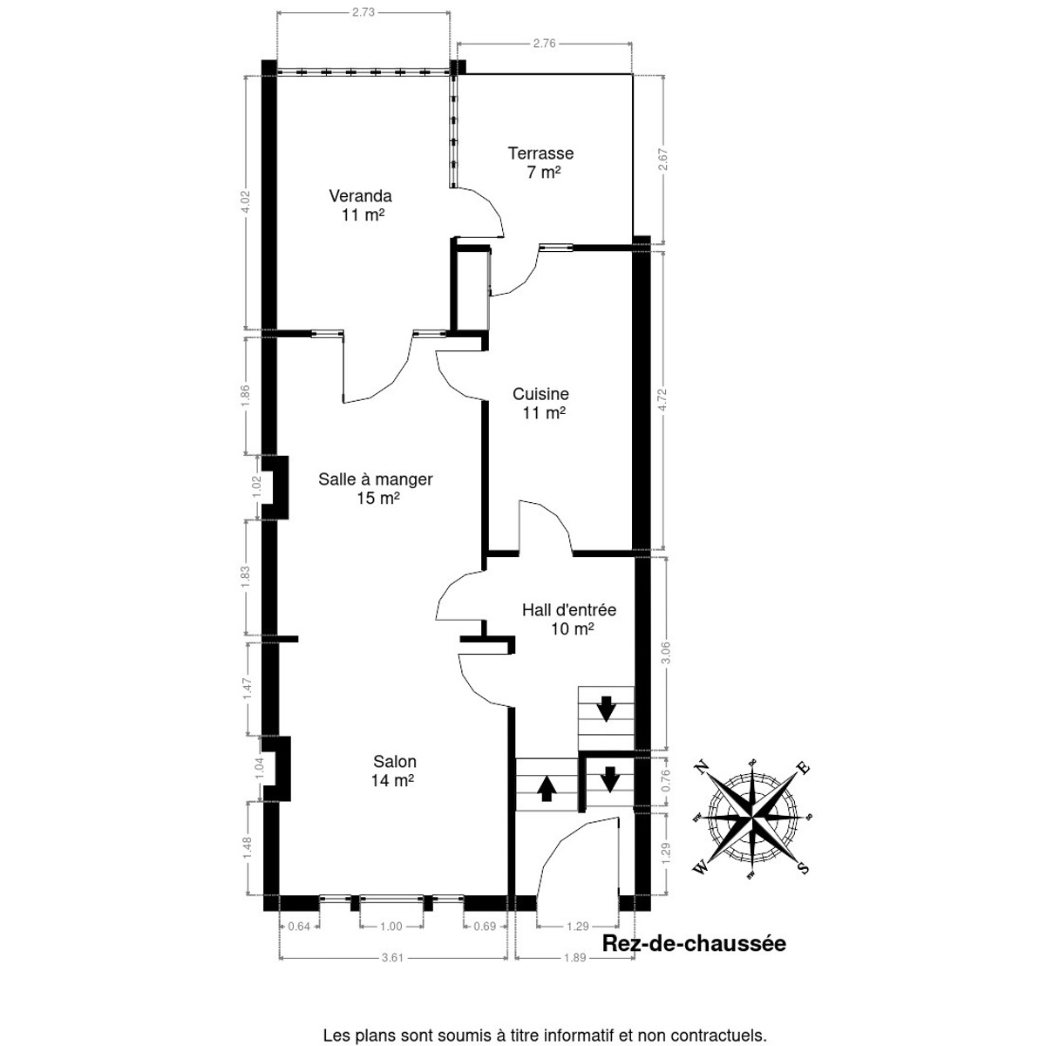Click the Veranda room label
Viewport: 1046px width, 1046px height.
(361, 195)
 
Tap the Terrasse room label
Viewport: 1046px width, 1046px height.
(540, 153)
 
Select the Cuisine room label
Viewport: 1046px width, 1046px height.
(541, 393)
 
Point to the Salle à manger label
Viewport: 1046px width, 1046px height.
(376, 479)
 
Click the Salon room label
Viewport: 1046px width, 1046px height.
(395, 762)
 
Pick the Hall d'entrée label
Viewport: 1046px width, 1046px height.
(569, 610)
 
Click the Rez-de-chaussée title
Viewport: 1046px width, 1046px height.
(694, 944)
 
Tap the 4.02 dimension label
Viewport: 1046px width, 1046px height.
(246, 202)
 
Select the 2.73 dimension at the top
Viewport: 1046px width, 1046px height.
(363, 12)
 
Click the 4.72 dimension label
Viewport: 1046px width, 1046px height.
(664, 401)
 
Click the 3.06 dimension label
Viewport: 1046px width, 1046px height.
(667, 653)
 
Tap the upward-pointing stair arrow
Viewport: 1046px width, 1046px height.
(547, 789)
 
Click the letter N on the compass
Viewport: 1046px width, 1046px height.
(702, 768)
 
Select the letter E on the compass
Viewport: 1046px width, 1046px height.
(804, 768)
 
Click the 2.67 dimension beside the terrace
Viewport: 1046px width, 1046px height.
(662, 160)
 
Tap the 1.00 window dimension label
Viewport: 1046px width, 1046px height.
(391, 927)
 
